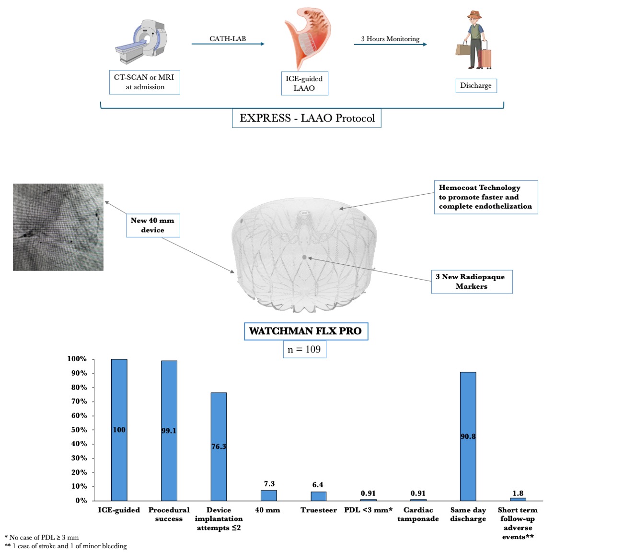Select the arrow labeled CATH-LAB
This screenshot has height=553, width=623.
click(228, 44)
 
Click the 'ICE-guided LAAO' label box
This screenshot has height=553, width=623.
click(304, 83)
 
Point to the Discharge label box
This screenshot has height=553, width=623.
click(475, 85)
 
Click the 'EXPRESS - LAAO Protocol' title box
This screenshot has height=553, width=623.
click(307, 118)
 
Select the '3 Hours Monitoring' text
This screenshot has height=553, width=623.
click(390, 39)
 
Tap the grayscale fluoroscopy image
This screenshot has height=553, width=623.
click(58, 227)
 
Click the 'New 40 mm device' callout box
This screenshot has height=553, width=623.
click(153, 225)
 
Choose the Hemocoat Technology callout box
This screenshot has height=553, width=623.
click(485, 197)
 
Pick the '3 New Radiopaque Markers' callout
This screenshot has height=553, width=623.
click(472, 282)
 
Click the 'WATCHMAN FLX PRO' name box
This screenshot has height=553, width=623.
click(306, 331)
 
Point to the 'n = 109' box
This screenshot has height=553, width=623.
click(304, 349)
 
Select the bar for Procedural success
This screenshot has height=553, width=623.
click(169, 430)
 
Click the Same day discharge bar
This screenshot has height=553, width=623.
click(468, 436)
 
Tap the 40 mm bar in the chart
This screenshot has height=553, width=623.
click(268, 495)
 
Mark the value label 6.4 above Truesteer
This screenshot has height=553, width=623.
click(318, 485)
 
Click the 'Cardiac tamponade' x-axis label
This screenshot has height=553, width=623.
click(418, 514)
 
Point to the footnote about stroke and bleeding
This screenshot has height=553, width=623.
click(66, 546)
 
